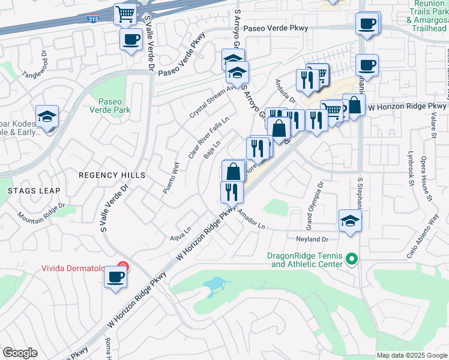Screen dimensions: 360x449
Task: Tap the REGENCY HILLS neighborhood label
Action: pos(112,175)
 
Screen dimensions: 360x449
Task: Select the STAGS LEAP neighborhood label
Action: pos(34,190)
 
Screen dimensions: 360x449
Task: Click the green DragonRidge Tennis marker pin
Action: pos(352,260)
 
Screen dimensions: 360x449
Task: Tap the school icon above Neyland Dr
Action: pos(350,221)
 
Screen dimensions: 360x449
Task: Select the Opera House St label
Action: pos(427,180)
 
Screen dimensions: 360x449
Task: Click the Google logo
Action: pos(20,353)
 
